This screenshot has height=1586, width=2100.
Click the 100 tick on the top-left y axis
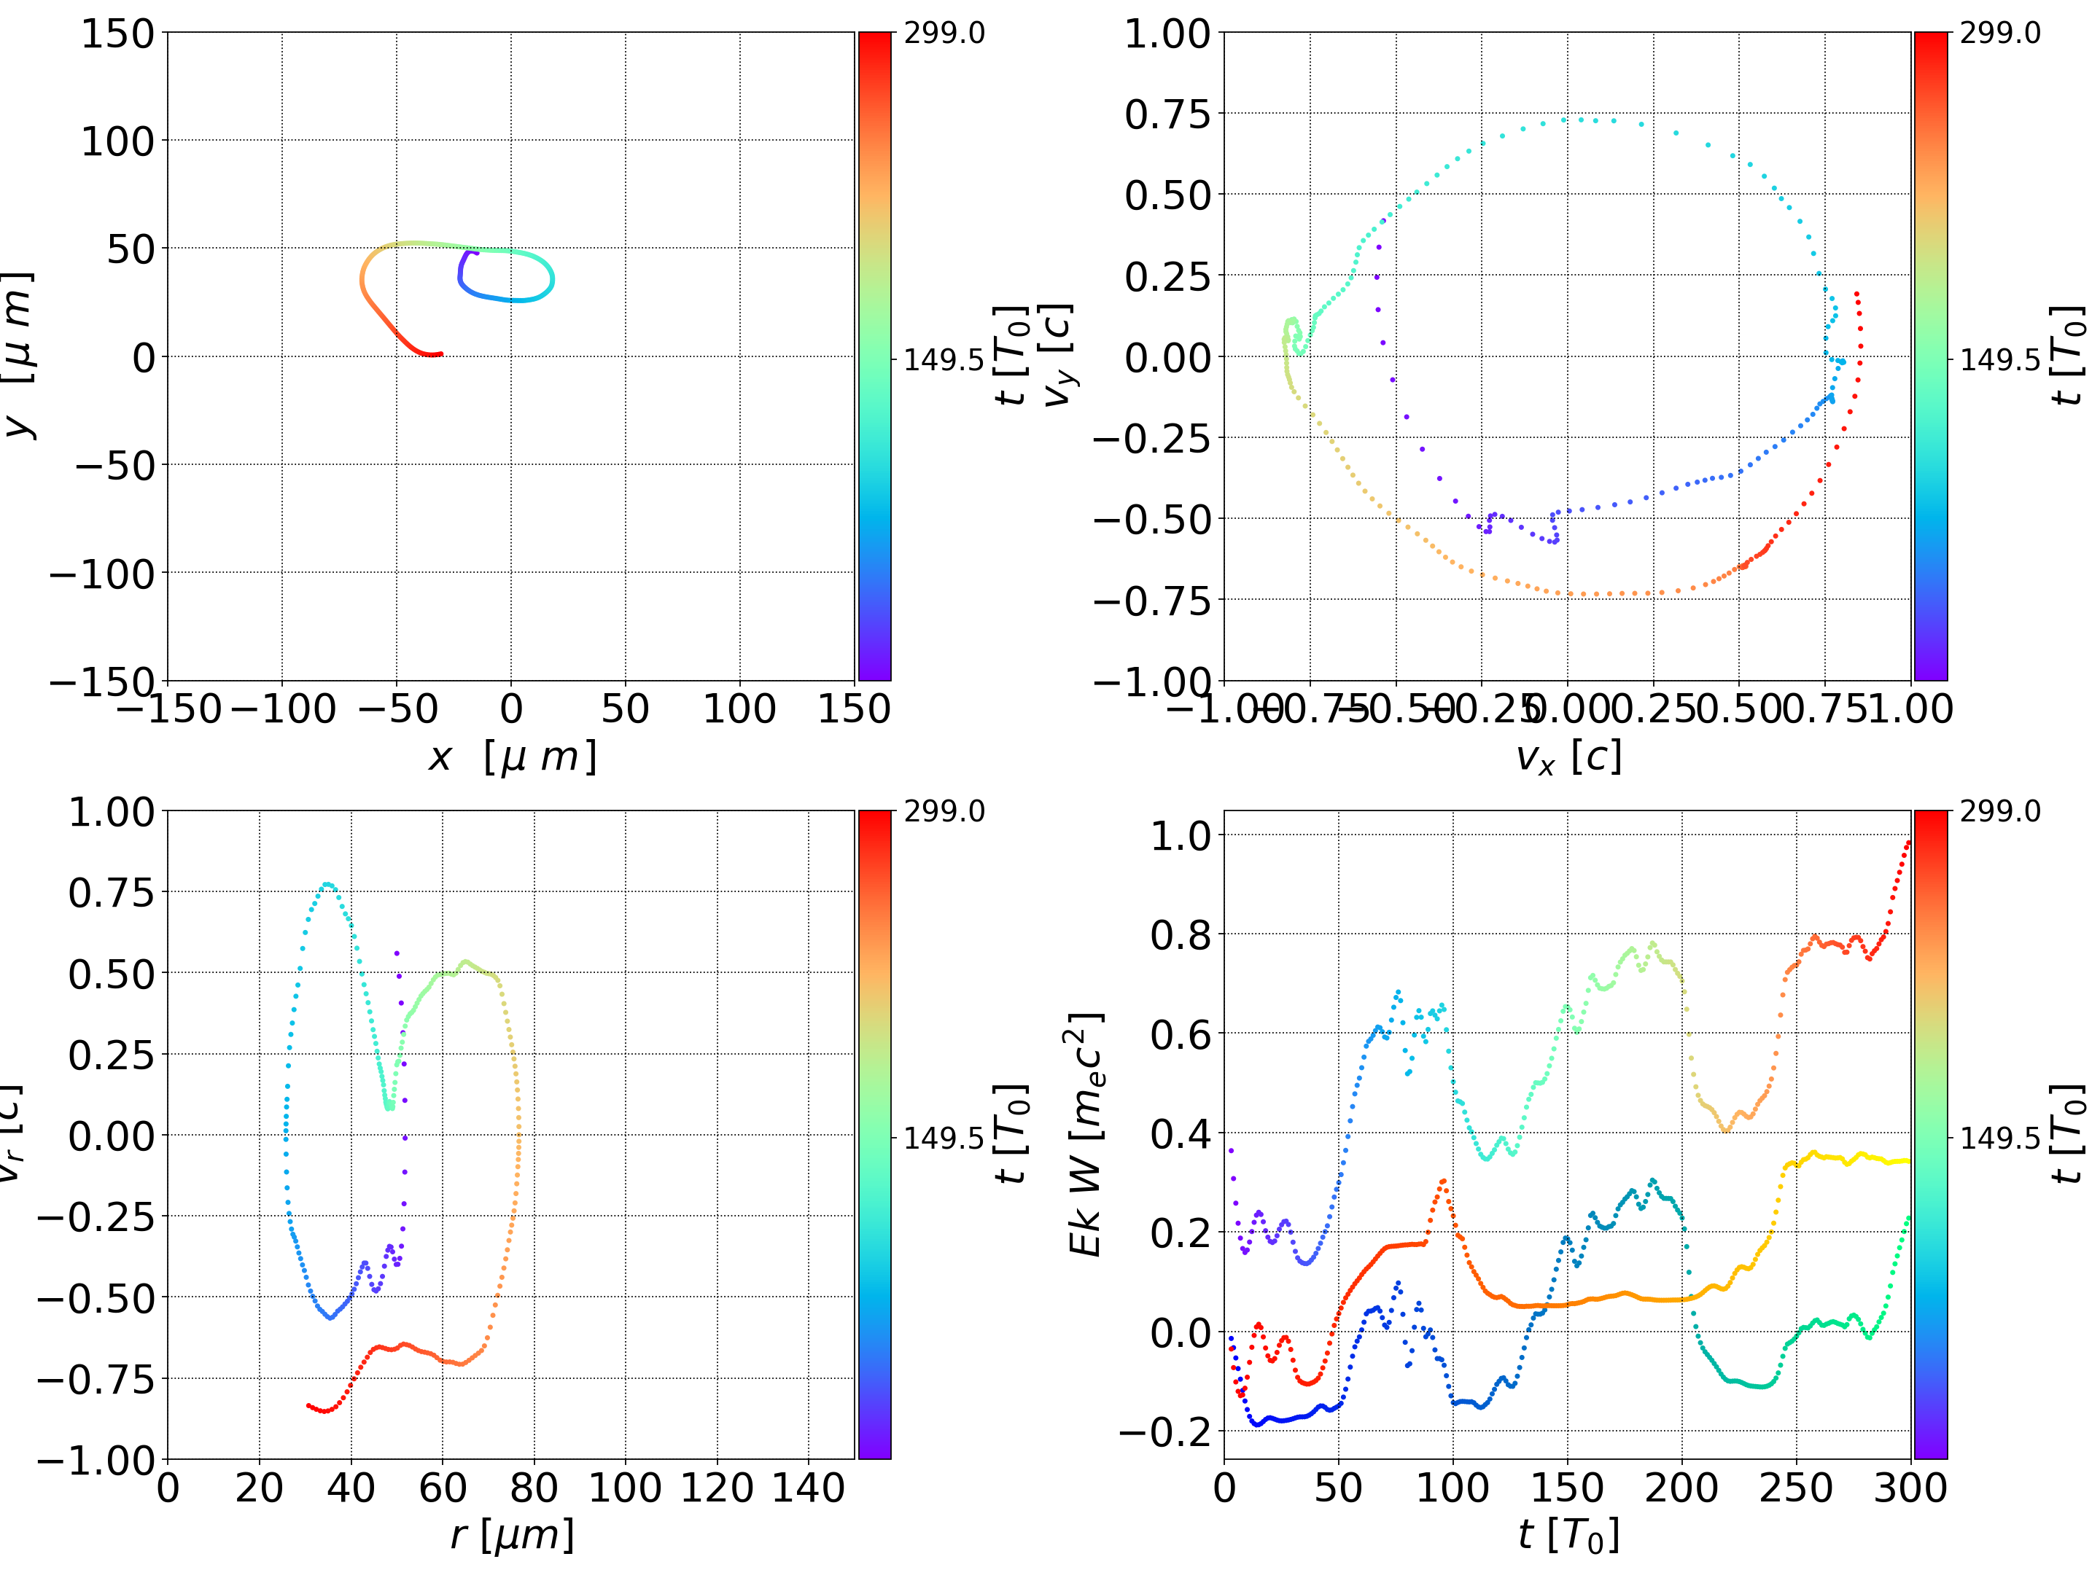(117, 141)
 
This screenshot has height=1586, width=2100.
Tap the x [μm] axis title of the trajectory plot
(512, 757)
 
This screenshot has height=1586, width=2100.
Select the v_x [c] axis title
(1568, 757)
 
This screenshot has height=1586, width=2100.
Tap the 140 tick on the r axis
(808, 1488)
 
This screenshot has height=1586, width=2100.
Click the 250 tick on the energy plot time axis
(1796, 1488)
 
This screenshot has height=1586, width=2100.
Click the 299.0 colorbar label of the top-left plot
(944, 34)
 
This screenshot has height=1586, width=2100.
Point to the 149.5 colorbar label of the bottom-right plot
(1999, 1137)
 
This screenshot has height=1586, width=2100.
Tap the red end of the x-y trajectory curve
(440, 354)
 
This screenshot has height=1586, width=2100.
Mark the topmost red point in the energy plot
(1908, 841)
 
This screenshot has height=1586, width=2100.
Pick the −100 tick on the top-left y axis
(101, 574)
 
